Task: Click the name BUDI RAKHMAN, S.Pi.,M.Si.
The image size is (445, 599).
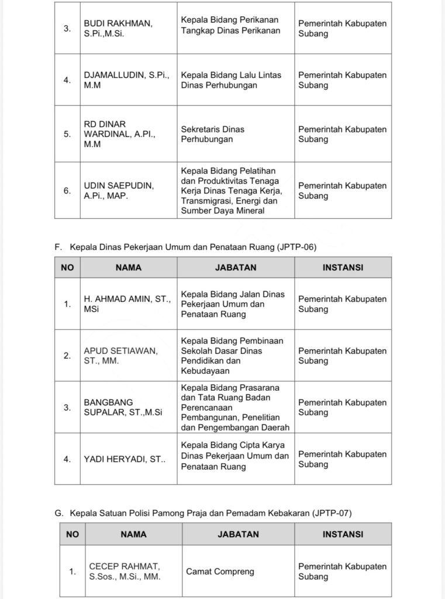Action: click(x=118, y=29)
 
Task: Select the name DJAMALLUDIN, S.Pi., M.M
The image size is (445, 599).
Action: click(x=126, y=80)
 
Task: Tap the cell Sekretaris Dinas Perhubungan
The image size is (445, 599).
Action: click(x=212, y=134)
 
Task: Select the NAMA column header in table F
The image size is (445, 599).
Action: click(x=129, y=267)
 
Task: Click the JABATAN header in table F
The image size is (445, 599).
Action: click(x=236, y=267)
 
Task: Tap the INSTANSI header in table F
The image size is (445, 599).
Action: click(x=343, y=267)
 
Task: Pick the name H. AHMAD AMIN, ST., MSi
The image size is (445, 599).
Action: click(x=127, y=304)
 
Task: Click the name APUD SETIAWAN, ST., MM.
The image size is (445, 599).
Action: click(x=120, y=356)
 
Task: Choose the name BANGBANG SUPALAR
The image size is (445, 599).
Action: click(x=123, y=407)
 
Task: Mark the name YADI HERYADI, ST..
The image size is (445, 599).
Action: click(x=125, y=459)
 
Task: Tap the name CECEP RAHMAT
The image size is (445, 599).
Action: click(x=125, y=572)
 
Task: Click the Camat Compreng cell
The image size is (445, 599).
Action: click(x=220, y=572)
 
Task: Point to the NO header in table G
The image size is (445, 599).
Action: click(x=73, y=534)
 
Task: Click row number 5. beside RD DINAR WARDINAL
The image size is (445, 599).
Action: click(x=68, y=134)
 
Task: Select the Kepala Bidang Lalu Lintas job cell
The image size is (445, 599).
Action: click(x=231, y=80)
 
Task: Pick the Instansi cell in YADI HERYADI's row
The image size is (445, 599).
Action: click(x=342, y=459)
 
